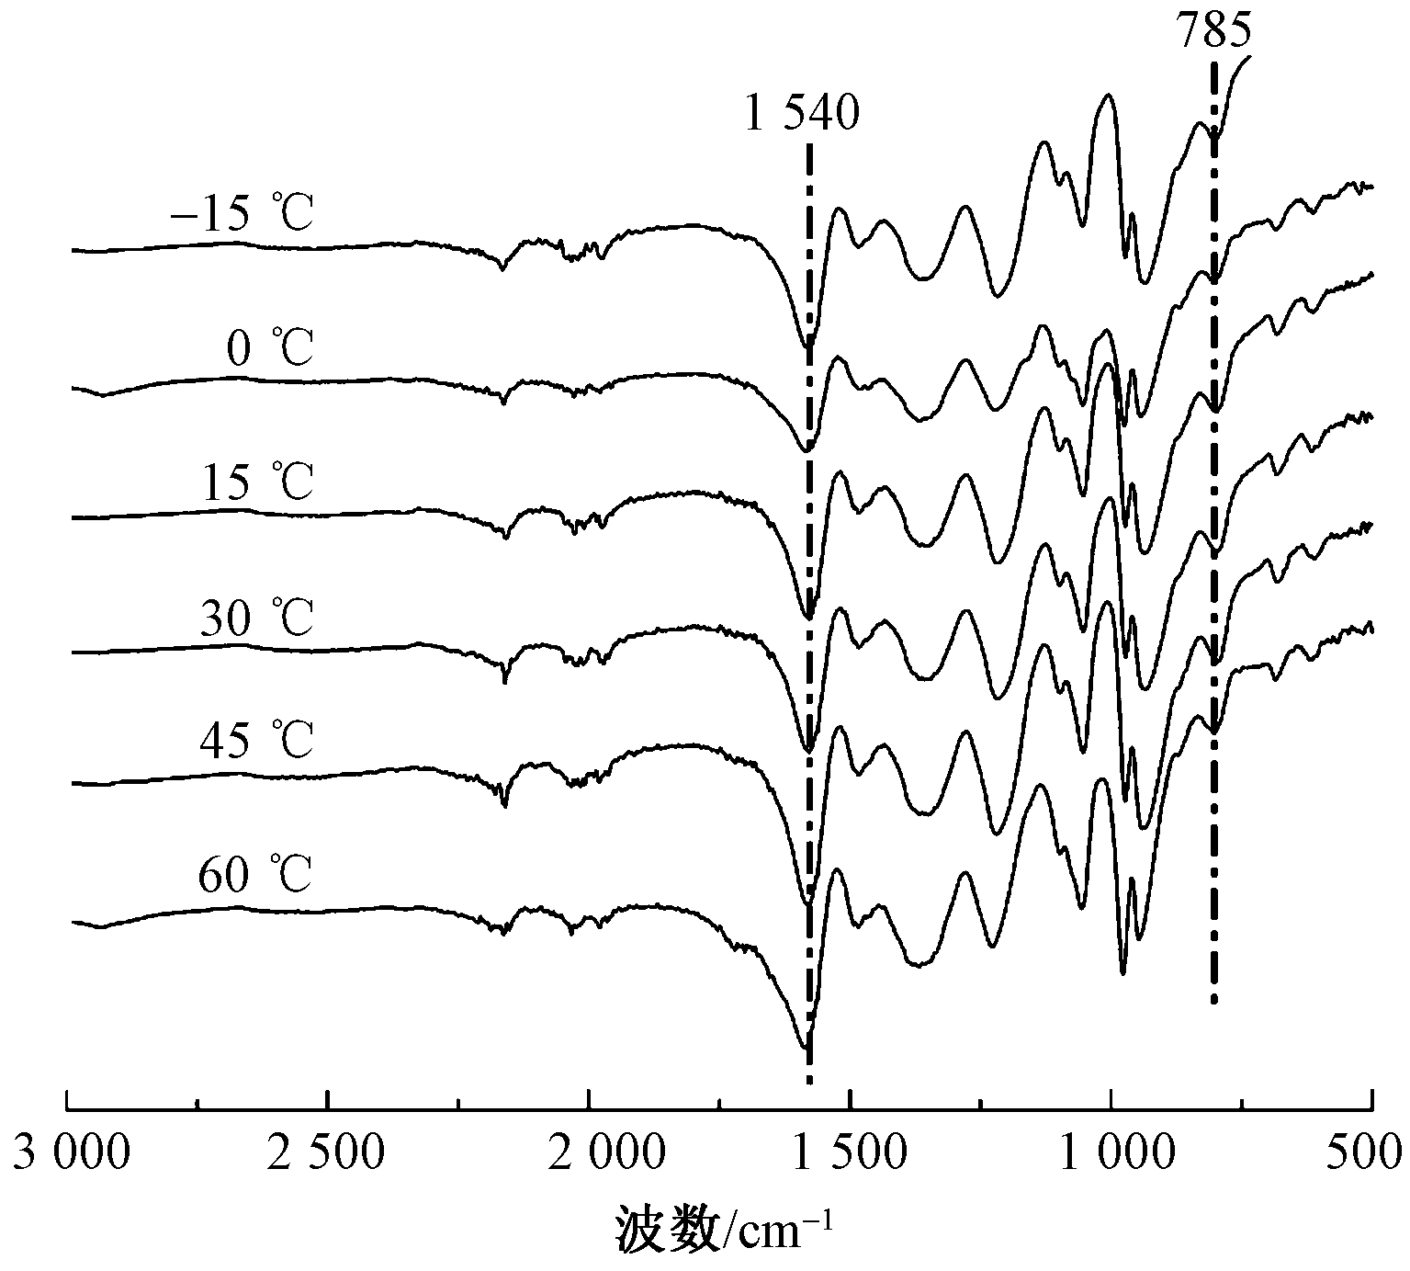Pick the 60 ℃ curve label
pyautogui.click(x=256, y=875)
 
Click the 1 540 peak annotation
pyautogui.click(x=803, y=117)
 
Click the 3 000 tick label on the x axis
pyautogui.click(x=70, y=1152)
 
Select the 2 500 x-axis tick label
pyautogui.click(x=329, y=1152)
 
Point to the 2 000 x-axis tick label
pyautogui.click(x=589, y=1152)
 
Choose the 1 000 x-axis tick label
pyautogui.click(x=1111, y=1152)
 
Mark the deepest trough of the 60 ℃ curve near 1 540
pyautogui.click(x=805, y=1048)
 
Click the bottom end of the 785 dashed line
pyautogui.click(x=1214, y=1002)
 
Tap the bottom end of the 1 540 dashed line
pyautogui.click(x=809, y=1083)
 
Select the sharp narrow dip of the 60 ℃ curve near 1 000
pyautogui.click(x=1122, y=972)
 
